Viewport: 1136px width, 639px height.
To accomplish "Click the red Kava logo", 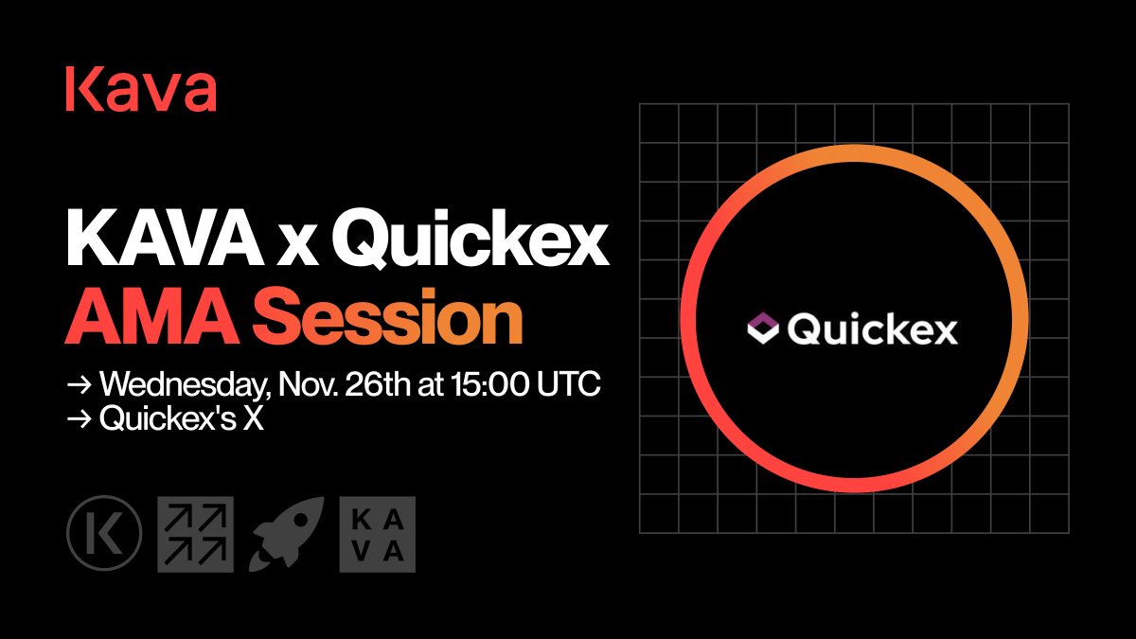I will click(141, 91).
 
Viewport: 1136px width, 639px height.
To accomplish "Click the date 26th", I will click(385, 386).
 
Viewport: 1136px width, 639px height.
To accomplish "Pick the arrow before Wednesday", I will click(78, 387).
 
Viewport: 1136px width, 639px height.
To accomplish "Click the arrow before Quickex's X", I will click(78, 420).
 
